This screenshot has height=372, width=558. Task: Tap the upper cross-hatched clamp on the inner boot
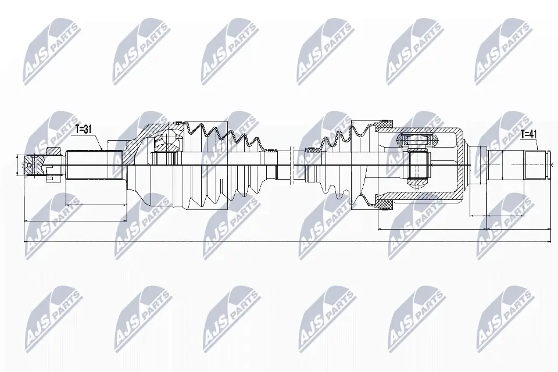click(x=384, y=124)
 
